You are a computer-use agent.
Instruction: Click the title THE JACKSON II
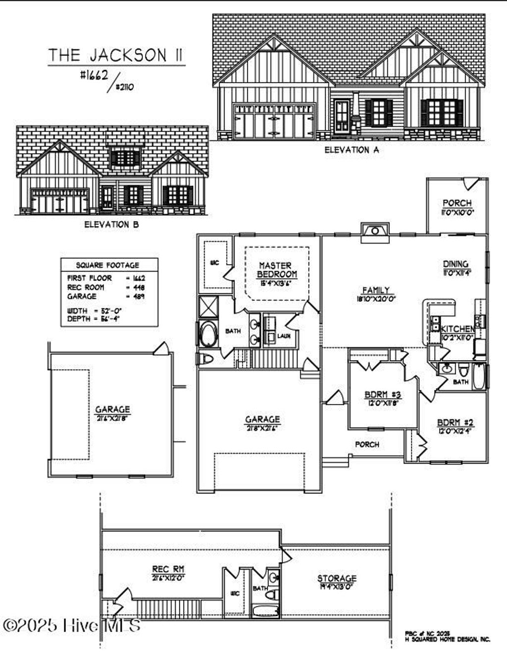click(x=116, y=55)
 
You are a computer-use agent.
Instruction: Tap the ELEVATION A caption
click(x=352, y=149)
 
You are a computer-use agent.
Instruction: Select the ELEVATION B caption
click(x=111, y=224)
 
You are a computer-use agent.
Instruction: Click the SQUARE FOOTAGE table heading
click(x=107, y=265)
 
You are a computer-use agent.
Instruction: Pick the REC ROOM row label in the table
click(x=86, y=287)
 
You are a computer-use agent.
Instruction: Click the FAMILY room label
click(x=376, y=290)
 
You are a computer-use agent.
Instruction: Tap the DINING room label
click(x=456, y=264)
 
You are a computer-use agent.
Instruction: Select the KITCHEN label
click(x=457, y=329)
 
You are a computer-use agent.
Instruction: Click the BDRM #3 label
click(x=382, y=395)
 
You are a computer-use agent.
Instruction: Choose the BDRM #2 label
click(x=456, y=422)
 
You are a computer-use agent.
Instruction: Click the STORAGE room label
click(x=337, y=578)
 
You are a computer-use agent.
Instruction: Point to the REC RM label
click(x=168, y=569)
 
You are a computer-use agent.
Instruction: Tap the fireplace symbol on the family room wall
click(x=375, y=231)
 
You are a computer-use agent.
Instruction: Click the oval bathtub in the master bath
click(x=208, y=334)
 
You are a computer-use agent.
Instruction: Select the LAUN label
click(x=284, y=336)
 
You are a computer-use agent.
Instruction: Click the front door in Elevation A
click(x=342, y=117)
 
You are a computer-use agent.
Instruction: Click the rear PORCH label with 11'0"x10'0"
click(x=457, y=203)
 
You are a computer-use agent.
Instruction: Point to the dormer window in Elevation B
click(x=125, y=158)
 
